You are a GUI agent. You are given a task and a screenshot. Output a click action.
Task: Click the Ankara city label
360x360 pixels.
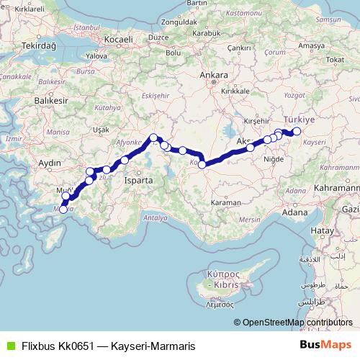tap(215, 75)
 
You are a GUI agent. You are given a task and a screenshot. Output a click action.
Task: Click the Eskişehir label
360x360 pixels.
tap(154, 96)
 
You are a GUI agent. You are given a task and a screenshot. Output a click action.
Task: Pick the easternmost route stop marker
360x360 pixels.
tap(296, 131)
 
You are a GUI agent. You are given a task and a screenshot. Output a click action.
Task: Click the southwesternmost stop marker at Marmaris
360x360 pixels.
tap(63, 210)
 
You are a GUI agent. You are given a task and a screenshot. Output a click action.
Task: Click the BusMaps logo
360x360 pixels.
tap(326, 346)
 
